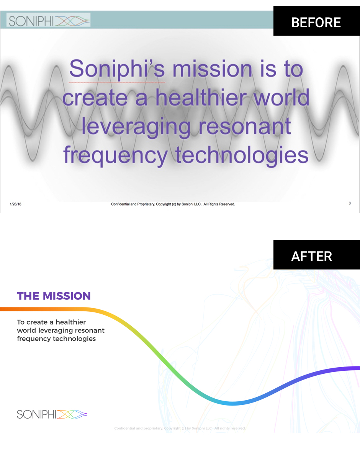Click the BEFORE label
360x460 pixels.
pyautogui.click(x=316, y=23)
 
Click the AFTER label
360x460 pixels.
pyautogui.click(x=312, y=256)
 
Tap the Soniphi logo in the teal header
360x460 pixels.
pyautogui.click(x=49, y=20)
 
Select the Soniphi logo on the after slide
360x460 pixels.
pyautogui.click(x=52, y=414)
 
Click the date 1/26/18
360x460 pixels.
pyautogui.click(x=15, y=204)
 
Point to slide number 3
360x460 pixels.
pyautogui.click(x=350, y=203)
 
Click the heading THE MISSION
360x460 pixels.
pyautogui.click(x=54, y=296)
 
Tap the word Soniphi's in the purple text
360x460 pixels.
pyautogui.click(x=117, y=69)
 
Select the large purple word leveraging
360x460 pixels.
pyautogui.click(x=136, y=127)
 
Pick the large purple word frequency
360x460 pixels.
pyautogui.click(x=115, y=156)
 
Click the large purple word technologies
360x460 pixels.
pyautogui.click(x=242, y=156)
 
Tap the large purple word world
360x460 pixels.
pyautogui.click(x=281, y=97)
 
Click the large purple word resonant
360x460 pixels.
pyautogui.click(x=245, y=126)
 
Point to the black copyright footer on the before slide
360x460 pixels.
pyautogui.click(x=173, y=204)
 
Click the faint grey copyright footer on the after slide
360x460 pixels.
pyautogui.click(x=180, y=428)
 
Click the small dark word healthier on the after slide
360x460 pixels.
pyautogui.click(x=70, y=322)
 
